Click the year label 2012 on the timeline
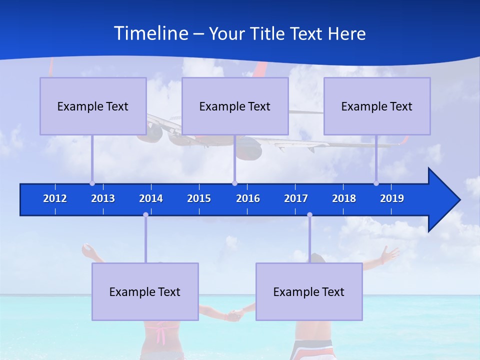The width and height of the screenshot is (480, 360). (55, 198)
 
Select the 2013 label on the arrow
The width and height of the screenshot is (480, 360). (103, 198)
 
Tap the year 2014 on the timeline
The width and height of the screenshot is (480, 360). (151, 198)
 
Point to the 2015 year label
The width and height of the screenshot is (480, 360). (199, 198)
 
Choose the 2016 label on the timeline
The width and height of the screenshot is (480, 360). (248, 198)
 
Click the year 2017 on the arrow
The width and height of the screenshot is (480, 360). (296, 198)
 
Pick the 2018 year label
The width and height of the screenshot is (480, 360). (344, 198)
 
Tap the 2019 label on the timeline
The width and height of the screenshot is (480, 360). (392, 198)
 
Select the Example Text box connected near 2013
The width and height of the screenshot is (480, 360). (93, 106)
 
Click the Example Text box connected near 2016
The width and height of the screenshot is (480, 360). (235, 106)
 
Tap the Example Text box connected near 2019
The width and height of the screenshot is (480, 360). (377, 106)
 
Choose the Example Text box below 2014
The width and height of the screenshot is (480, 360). (145, 291)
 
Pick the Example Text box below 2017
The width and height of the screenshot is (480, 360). (309, 291)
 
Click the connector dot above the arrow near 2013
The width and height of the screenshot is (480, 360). (92, 183)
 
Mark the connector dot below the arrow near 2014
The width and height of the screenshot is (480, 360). (145, 214)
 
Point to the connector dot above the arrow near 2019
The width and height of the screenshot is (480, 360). (376, 183)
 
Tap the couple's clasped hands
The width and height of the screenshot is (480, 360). (234, 315)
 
